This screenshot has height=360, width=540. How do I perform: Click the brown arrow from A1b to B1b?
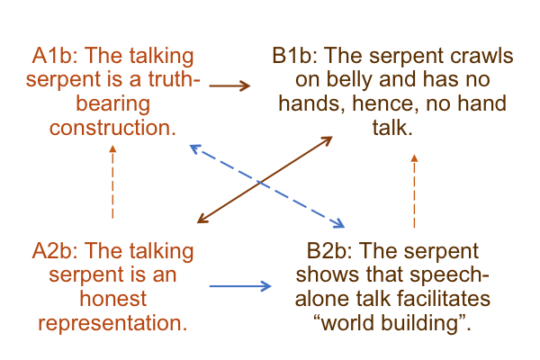(229, 85)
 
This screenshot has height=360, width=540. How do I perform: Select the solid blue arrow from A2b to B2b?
(240, 286)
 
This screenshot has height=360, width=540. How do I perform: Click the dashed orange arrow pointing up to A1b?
(112, 182)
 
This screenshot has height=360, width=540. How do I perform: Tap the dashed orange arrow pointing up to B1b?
(414, 191)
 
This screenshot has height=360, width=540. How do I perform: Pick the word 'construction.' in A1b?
(112, 128)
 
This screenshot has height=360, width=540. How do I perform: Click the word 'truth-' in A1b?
(175, 79)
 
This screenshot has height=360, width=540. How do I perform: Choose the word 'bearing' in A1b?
(113, 104)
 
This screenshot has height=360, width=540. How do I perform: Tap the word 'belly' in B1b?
(349, 79)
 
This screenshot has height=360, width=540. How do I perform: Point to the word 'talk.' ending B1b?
(392, 128)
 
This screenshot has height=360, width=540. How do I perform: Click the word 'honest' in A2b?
(113, 299)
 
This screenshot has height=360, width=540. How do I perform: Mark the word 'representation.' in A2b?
(112, 323)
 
